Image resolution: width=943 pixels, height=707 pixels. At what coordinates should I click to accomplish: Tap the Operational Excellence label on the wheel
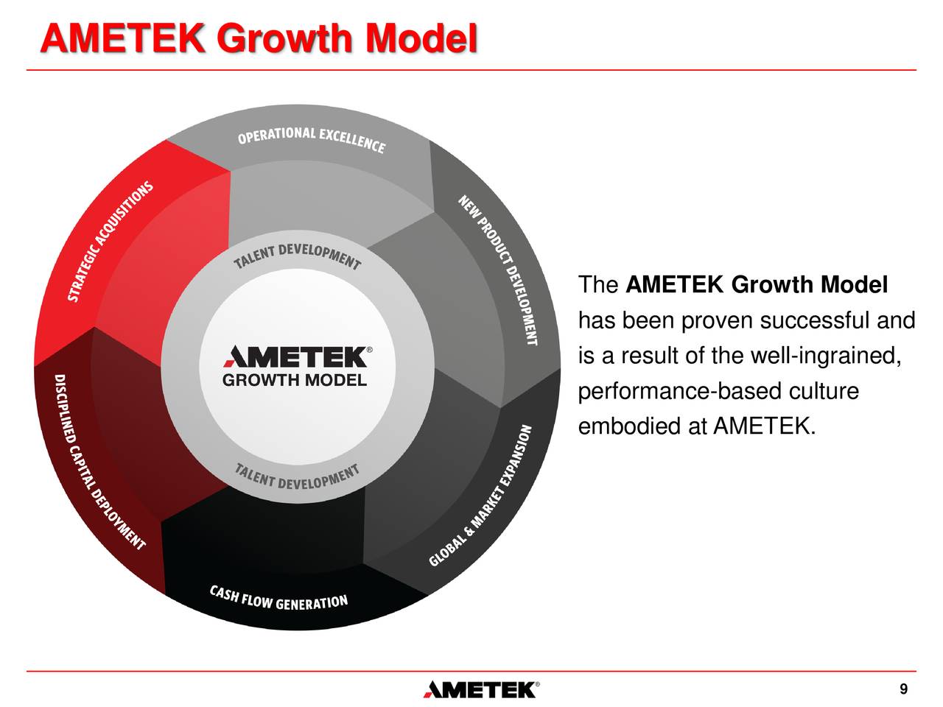pyautogui.click(x=311, y=140)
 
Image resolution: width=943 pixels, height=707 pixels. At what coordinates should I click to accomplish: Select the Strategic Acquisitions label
pyautogui.click(x=111, y=241)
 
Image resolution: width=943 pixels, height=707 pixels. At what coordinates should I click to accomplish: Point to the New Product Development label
pyautogui.click(x=498, y=270)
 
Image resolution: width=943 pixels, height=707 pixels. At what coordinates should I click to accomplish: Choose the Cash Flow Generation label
pyautogui.click(x=278, y=598)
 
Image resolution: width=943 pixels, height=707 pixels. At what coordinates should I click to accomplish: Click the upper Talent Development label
pyautogui.click(x=298, y=256)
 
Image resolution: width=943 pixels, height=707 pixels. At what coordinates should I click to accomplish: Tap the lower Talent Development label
pyautogui.click(x=298, y=476)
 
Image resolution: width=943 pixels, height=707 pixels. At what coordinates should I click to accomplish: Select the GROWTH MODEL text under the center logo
pyautogui.click(x=294, y=381)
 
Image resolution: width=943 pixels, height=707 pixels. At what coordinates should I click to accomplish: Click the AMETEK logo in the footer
pyautogui.click(x=480, y=689)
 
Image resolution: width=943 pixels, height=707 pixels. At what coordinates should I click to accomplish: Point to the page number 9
pyautogui.click(x=903, y=689)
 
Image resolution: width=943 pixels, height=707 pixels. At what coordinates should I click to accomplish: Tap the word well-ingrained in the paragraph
pyautogui.click(x=825, y=356)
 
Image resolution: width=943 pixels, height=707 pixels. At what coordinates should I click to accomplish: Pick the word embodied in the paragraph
pyautogui.click(x=630, y=426)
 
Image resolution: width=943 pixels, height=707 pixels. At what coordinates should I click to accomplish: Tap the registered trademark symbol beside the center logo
pyautogui.click(x=369, y=349)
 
